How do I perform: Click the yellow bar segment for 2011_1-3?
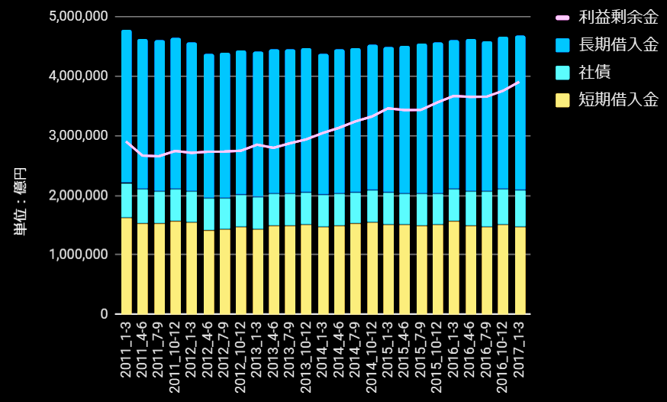(x=127, y=266)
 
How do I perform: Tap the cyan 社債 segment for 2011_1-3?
(x=127, y=200)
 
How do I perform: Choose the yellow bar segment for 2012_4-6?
(x=208, y=272)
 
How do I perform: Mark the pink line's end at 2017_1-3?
(x=520, y=82)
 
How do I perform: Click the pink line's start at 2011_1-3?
(x=127, y=141)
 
